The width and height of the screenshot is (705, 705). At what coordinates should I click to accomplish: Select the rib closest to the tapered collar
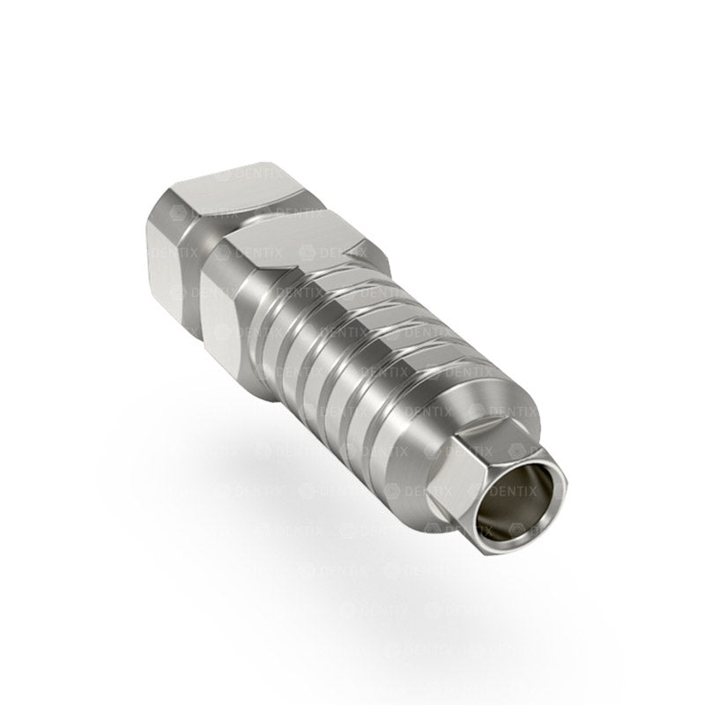(392, 388)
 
